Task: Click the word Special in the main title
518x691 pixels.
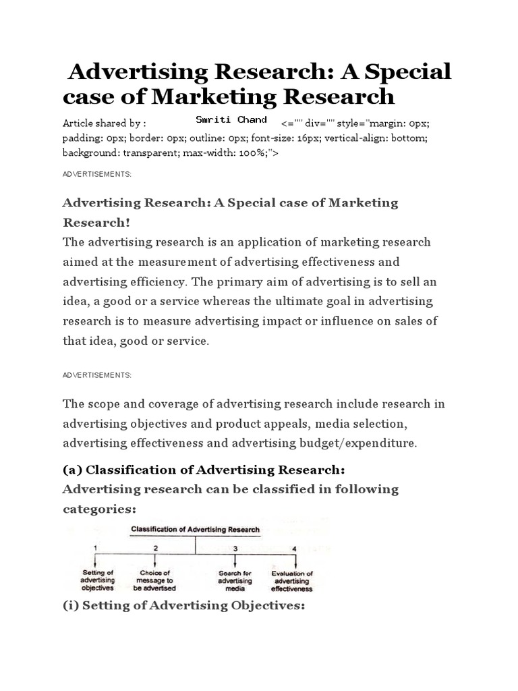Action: pos(407,71)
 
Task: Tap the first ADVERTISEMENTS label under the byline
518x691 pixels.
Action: pos(97,174)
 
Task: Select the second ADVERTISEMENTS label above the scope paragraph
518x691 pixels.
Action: pos(97,375)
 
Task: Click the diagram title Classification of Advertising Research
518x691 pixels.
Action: pos(195,530)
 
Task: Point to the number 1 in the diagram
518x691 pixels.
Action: pos(96,548)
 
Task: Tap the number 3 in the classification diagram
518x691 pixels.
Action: pos(235,548)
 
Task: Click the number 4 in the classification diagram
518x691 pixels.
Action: pos(294,548)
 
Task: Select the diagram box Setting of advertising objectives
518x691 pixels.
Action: pos(98,580)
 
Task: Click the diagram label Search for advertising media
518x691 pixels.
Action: pos(235,580)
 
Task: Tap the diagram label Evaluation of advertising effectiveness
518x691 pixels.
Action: pos(292,580)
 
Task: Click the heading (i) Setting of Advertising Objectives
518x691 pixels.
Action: pos(184,605)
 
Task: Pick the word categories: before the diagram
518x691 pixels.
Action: pos(99,508)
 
